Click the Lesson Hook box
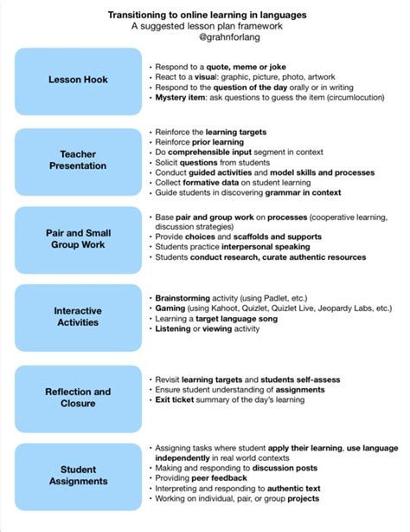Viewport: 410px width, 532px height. pyautogui.click(x=78, y=81)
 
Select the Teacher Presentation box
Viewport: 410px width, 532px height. pyautogui.click(x=78, y=159)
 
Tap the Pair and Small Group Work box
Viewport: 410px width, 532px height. pyautogui.click(x=78, y=238)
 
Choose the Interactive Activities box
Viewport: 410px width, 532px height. pyautogui.click(x=78, y=316)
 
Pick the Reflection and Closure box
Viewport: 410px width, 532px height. pyautogui.click(x=78, y=398)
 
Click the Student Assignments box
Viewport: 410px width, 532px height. pyautogui.click(x=78, y=475)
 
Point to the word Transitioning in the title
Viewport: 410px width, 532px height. pyautogui.click(x=144, y=15)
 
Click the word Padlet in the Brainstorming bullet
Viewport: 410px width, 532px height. pyautogui.click(x=259, y=297)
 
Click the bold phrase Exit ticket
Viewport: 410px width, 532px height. pyautogui.click(x=176, y=401)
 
